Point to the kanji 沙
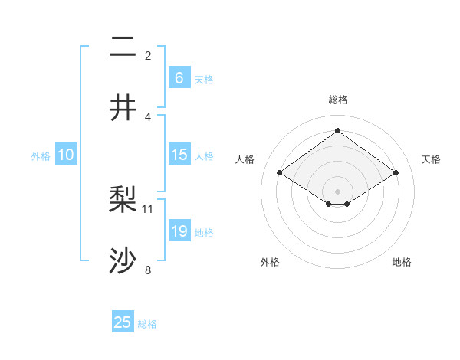coord(123,260)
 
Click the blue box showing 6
coord(179,77)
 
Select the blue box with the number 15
coord(179,155)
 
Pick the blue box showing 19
coord(179,231)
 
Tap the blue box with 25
coord(123,322)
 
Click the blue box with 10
coord(66,155)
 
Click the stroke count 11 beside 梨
coord(148,208)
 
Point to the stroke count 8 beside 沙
coord(148,269)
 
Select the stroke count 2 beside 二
coord(148,55)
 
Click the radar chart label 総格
coord(337,100)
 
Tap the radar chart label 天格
coord(431,159)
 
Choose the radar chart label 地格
coord(402,262)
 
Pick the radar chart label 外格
coord(270,262)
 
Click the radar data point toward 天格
coord(396,173)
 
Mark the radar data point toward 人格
coord(280,173)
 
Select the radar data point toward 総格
coord(337,131)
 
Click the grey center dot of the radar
coord(337,191)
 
